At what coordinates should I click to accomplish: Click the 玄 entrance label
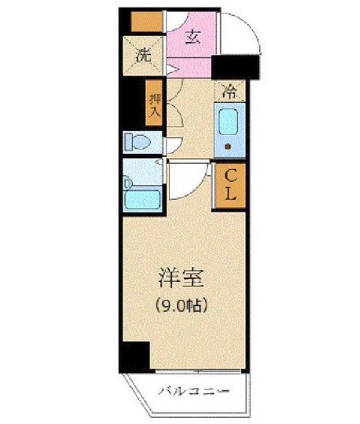point(193,38)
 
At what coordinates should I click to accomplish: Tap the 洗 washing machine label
point(144,56)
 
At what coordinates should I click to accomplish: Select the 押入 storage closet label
point(155,105)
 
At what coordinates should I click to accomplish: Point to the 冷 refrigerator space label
point(229,92)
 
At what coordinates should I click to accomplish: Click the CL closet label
point(230,185)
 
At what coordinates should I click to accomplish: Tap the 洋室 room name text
point(180,277)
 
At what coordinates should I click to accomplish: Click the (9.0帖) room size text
point(181,305)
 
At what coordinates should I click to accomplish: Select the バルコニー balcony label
point(193,391)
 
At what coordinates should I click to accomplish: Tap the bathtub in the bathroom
point(143,199)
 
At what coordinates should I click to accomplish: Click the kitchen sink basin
point(228,122)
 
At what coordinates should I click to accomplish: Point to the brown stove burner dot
point(228,147)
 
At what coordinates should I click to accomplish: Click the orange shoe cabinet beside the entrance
point(147,21)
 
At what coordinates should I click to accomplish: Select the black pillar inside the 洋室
point(136,356)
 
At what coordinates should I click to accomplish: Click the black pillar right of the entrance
point(235,67)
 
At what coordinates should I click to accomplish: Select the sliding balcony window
point(198,371)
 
